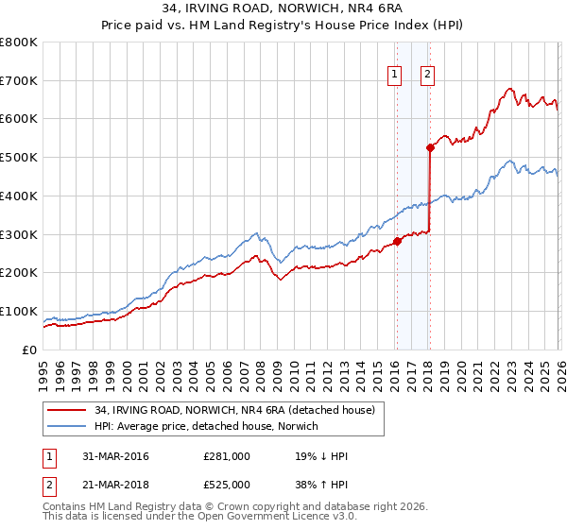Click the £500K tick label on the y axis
[19, 157]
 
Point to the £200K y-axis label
[19, 272]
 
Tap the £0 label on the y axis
[30, 350]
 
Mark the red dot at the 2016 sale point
[397, 241]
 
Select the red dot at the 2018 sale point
[430, 147]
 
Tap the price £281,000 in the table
[227, 456]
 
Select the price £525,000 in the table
[227, 486]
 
